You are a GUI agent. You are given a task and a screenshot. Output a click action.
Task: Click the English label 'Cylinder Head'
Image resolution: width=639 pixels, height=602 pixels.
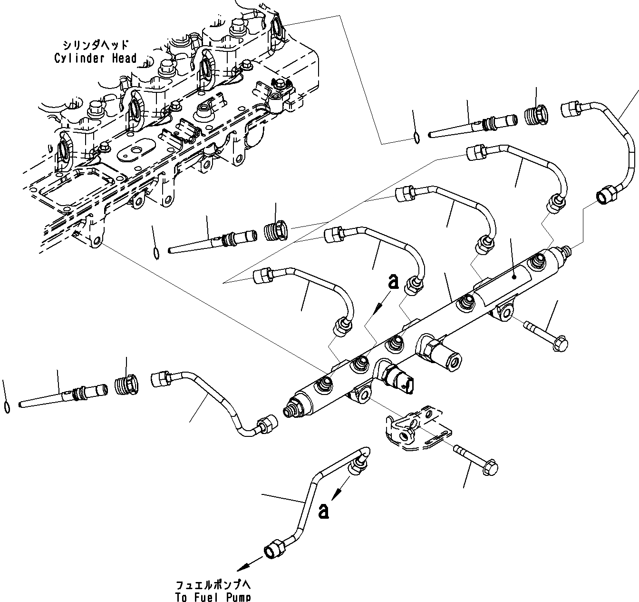[95, 59]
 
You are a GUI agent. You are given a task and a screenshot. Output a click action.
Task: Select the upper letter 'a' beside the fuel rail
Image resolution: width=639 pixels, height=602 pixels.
[393, 281]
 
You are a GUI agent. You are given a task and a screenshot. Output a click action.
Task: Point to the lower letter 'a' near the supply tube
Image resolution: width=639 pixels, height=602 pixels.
[324, 511]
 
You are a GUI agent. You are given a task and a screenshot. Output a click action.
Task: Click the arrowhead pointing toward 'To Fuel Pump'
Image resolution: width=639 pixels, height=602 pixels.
[243, 566]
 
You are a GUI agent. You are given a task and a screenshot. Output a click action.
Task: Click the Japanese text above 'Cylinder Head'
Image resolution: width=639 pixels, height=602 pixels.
[95, 45]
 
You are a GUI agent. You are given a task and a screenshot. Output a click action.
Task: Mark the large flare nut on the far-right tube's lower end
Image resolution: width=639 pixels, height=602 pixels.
[606, 196]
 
